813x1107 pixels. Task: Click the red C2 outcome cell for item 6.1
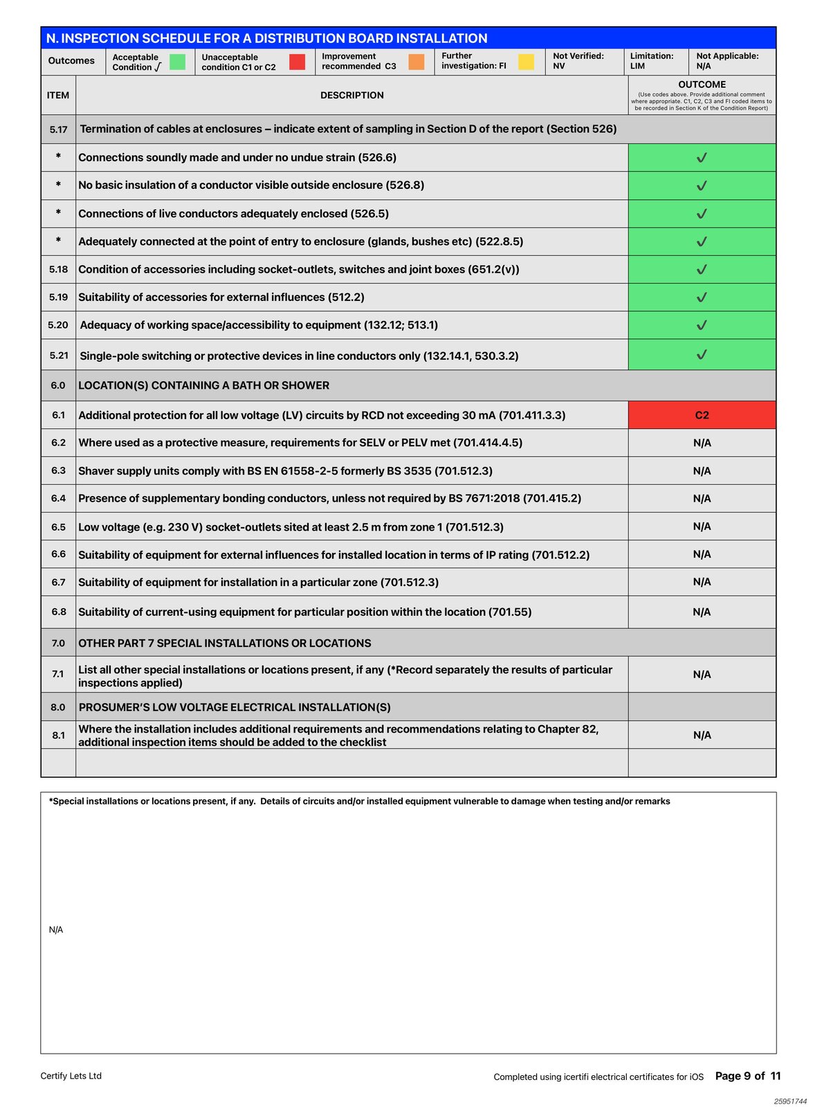click(702, 415)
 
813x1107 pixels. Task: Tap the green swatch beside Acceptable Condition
click(178, 62)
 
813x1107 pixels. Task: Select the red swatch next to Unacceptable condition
click(297, 62)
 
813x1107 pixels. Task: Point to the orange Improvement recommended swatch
click(416, 62)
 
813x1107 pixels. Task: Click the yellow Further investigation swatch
click(526, 62)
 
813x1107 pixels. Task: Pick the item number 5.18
click(58, 269)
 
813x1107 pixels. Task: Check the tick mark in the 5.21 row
click(702, 355)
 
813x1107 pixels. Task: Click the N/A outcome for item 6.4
click(702, 498)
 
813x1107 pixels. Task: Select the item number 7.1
click(58, 674)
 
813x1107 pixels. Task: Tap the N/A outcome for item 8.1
click(702, 735)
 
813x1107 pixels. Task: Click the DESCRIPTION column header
click(351, 95)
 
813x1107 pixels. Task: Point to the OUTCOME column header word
click(702, 84)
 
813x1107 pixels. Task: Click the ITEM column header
click(58, 95)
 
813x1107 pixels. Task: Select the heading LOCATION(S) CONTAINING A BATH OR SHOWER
click(203, 385)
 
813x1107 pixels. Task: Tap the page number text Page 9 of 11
click(747, 1076)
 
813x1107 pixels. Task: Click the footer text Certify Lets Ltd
click(71, 1076)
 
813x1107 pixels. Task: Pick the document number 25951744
click(790, 1101)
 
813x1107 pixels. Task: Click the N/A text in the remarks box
click(56, 930)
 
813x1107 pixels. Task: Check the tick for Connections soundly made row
click(702, 158)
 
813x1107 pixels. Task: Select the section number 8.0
click(58, 707)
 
